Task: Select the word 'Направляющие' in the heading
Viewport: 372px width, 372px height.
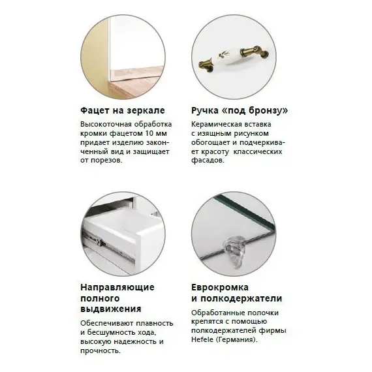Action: pyautogui.click(x=117, y=287)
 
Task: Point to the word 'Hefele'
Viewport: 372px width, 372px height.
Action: pyautogui.click(x=202, y=340)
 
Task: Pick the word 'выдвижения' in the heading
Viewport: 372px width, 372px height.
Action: pyautogui.click(x=110, y=309)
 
